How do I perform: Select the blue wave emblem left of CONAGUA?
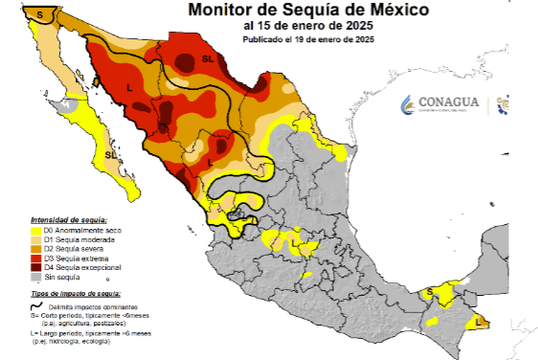407,103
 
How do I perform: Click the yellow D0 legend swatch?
37,230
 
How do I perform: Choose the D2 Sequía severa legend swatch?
37,249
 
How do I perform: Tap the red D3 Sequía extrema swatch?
37,259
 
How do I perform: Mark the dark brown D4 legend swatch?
37,268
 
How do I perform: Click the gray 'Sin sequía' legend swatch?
37,278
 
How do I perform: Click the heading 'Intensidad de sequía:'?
69,219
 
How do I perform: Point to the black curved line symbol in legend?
36,304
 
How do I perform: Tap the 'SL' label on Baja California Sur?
111,153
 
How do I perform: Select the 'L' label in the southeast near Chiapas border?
478,324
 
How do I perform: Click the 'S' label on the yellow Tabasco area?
430,291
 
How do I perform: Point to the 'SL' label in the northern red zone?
207,59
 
